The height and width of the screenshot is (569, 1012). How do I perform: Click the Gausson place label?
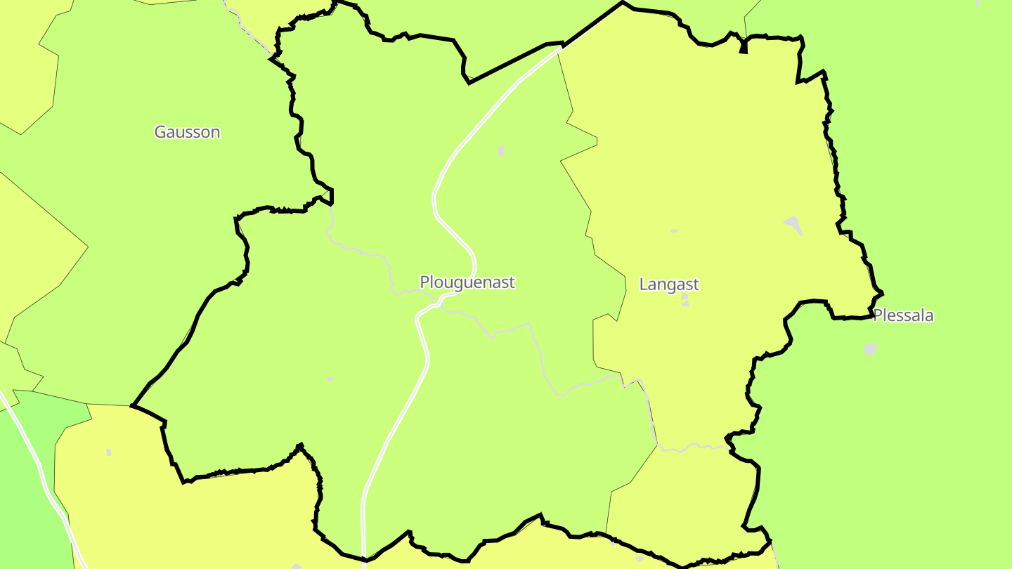(187, 132)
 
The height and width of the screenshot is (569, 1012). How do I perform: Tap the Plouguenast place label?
(467, 282)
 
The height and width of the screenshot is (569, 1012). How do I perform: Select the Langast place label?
(669, 284)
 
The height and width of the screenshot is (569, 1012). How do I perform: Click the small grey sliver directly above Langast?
(674, 231)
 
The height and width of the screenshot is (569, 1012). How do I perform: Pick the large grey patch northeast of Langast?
(793, 225)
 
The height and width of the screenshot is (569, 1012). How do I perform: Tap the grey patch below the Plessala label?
(870, 349)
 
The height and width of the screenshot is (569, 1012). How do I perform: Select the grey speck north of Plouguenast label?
(501, 150)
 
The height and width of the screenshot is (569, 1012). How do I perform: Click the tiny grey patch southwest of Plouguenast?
(330, 379)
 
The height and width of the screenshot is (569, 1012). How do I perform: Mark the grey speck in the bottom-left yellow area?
(108, 452)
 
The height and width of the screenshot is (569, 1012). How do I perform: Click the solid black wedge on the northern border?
(743, 48)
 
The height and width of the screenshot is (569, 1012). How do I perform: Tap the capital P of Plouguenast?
(425, 282)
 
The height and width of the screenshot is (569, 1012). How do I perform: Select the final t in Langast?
(696, 284)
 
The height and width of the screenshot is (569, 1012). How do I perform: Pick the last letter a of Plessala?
(928, 316)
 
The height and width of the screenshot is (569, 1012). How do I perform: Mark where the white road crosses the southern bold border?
(364, 559)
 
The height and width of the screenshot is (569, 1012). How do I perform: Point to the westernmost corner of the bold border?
(132, 405)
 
